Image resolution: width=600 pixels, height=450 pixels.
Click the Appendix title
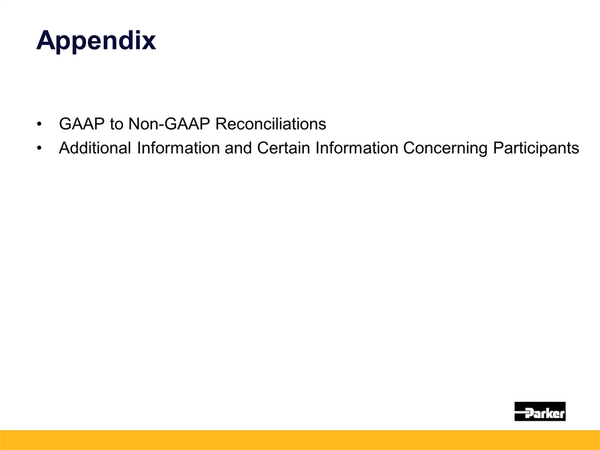tap(96, 41)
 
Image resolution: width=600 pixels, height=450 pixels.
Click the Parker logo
tap(539, 411)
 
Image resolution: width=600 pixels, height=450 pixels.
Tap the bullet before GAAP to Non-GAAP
tap(41, 124)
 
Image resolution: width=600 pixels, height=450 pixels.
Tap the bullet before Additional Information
tap(41, 149)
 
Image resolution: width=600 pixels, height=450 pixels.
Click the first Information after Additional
tap(177, 149)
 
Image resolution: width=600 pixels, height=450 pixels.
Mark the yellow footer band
tap(300, 440)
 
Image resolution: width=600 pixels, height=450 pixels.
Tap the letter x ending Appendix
tap(148, 42)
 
